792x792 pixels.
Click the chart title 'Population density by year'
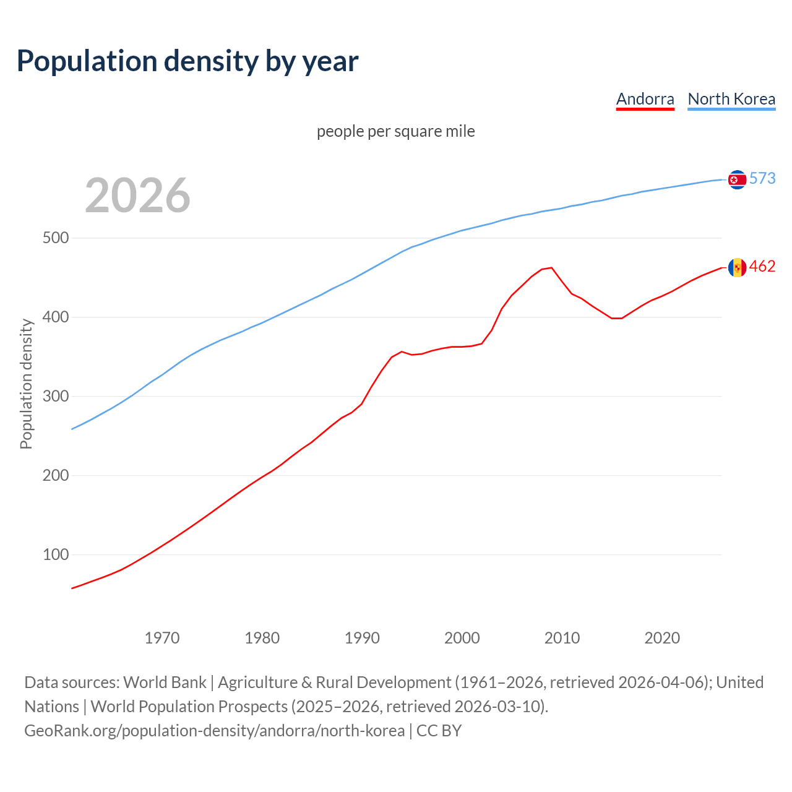(187, 61)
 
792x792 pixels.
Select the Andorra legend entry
(645, 99)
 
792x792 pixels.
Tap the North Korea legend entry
(731, 99)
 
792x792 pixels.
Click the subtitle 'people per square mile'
(396, 131)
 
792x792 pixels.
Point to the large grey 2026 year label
(137, 195)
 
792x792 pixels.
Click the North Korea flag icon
(737, 179)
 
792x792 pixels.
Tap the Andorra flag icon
(737, 267)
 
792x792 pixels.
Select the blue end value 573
(762, 178)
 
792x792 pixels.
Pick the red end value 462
(762, 266)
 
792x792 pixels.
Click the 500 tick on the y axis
(56, 238)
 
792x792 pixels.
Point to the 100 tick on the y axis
(56, 555)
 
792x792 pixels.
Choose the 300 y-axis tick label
(56, 397)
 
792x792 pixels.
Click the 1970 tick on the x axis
(162, 638)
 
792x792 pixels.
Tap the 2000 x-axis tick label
(462, 638)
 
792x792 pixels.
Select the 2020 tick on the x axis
(662, 638)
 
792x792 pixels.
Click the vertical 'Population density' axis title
(26, 384)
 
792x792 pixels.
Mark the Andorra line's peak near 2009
(551, 268)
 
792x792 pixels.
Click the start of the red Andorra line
(72, 588)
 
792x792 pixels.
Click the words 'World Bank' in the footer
(165, 682)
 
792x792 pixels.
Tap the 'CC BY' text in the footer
(439, 730)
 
